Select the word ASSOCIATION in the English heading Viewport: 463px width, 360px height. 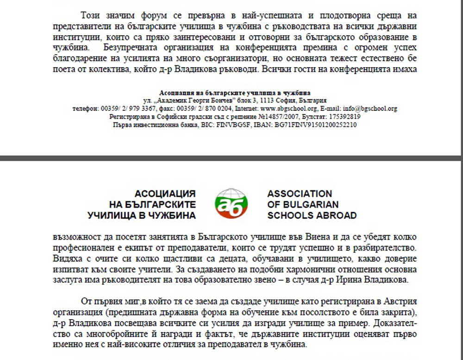tap(300, 194)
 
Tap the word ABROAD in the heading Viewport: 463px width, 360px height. tap(336, 215)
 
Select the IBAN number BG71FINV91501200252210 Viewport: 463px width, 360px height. tap(315, 125)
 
